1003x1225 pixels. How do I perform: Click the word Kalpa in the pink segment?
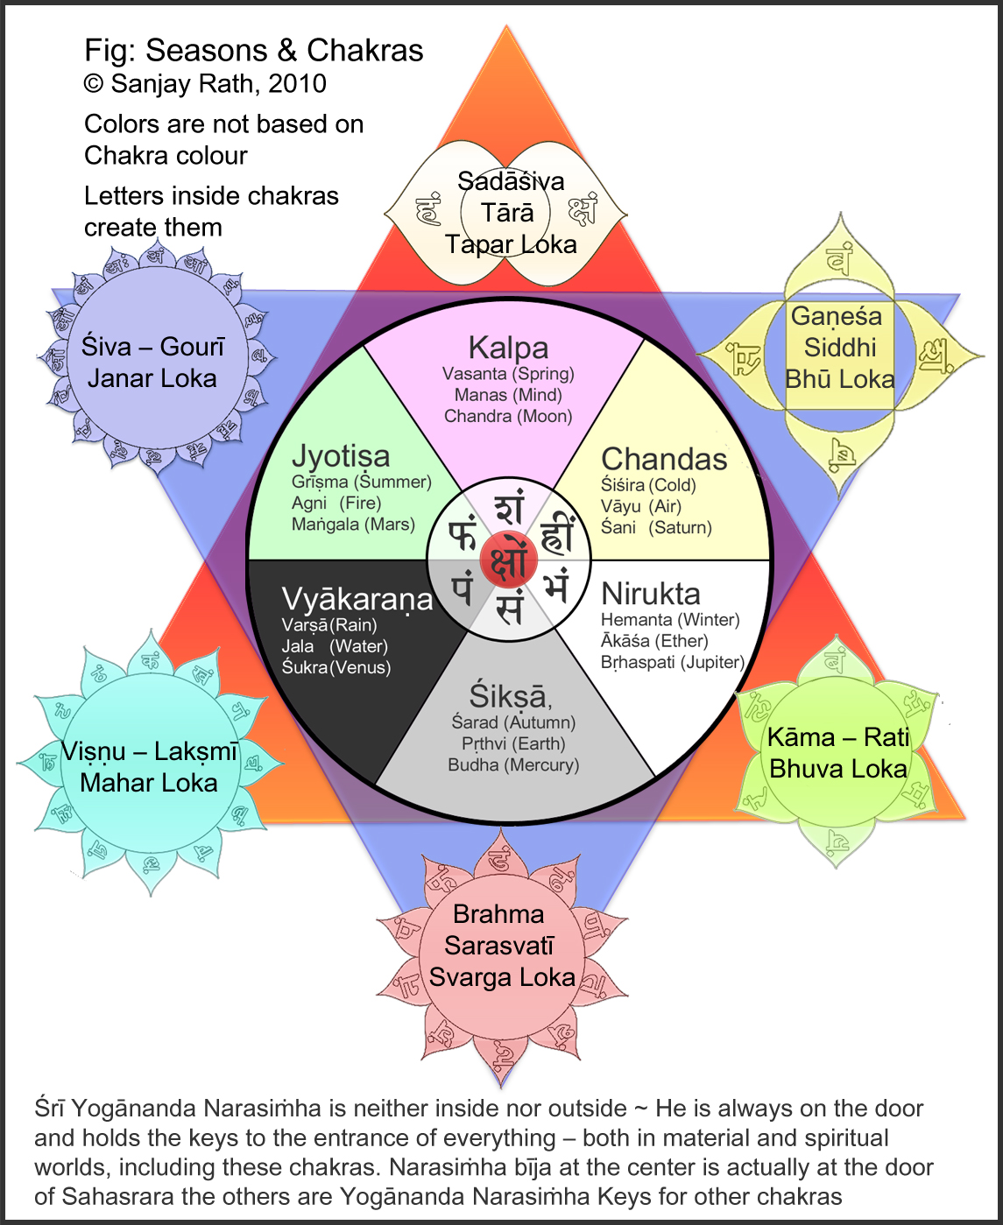508,348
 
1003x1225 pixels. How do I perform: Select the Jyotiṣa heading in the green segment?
341,456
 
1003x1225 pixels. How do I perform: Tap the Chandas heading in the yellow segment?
664,459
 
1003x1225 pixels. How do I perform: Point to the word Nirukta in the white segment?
651,594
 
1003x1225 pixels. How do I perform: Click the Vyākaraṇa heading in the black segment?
357,599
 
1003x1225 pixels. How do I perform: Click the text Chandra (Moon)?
508,416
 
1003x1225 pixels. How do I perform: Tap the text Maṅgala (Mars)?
353,524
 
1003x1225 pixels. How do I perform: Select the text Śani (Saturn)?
656,527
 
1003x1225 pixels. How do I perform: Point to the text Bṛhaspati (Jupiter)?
672,662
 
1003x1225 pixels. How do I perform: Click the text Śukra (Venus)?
336,667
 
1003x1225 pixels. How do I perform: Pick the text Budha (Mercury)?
513,764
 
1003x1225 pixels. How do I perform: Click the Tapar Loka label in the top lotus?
511,244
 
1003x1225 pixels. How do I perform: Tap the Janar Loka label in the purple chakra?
152,378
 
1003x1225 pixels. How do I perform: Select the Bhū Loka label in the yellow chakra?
840,379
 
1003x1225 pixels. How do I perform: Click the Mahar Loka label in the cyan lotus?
149,782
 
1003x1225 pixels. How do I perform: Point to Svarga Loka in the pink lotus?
502,977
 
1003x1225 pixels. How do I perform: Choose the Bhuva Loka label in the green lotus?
838,769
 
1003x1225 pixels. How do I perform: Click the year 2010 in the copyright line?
297,84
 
